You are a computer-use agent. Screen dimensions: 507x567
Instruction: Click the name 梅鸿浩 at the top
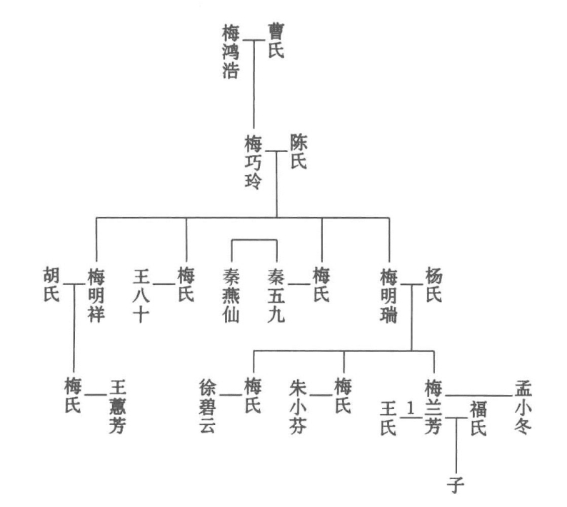tap(231, 52)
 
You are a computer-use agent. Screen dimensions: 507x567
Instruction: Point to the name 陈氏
tap(298, 151)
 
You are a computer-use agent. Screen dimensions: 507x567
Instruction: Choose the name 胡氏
tap(51, 284)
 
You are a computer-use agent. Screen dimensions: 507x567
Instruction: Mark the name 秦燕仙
tap(231, 295)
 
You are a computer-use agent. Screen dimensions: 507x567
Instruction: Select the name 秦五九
tap(276, 295)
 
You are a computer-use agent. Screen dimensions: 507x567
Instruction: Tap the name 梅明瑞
tap(389, 295)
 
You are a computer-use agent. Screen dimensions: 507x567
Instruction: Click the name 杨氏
tap(434, 284)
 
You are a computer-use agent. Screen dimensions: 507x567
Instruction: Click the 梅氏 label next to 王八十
tap(186, 284)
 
